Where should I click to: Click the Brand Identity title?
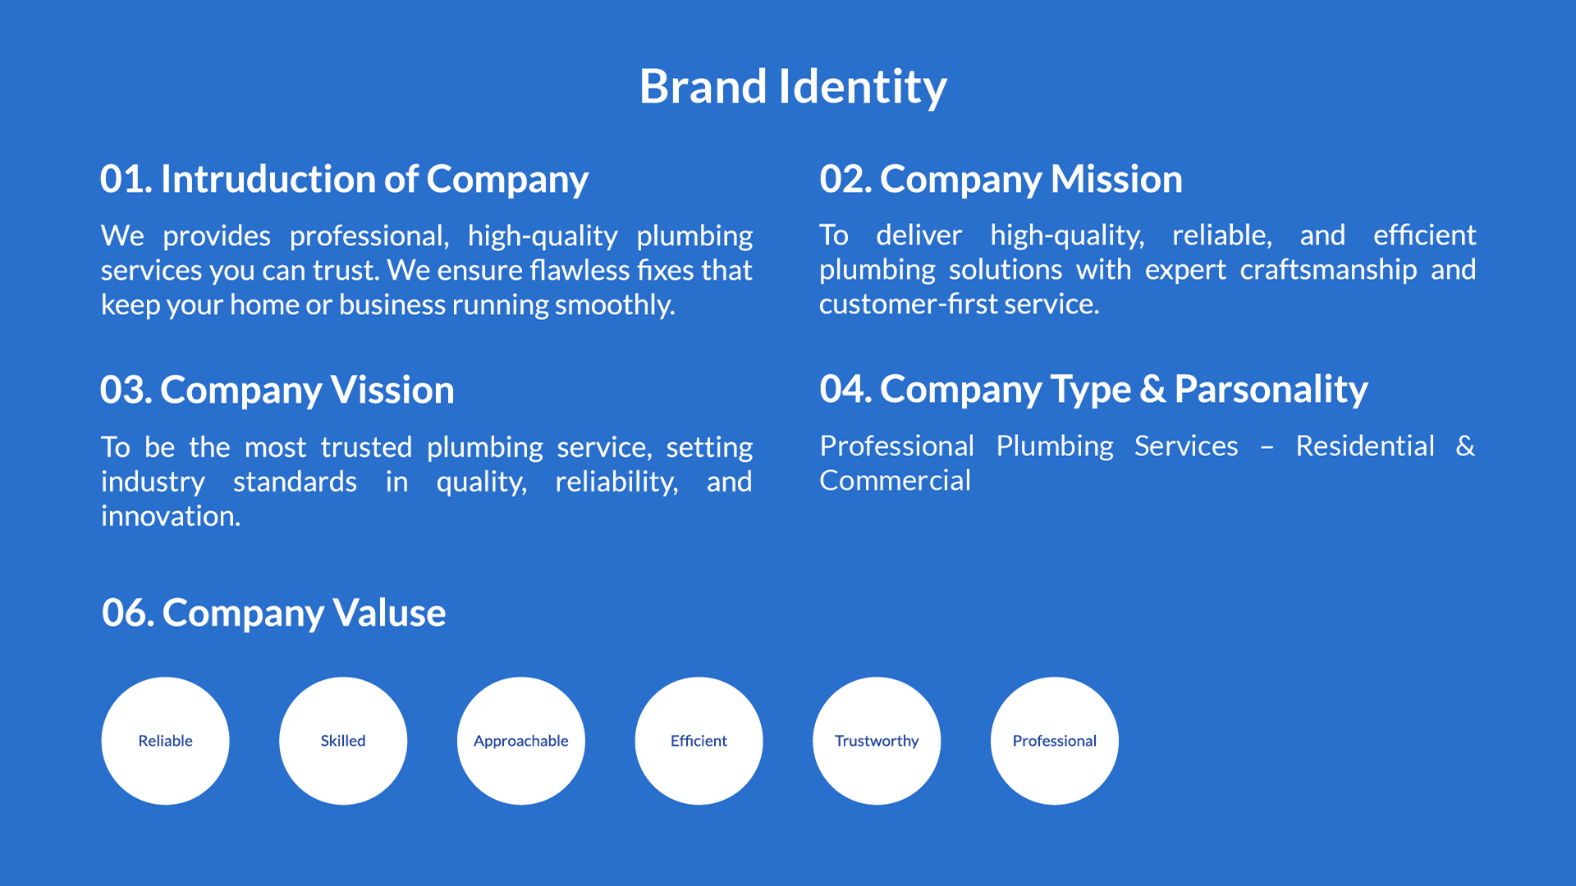pos(793,87)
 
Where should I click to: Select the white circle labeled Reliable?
pos(165,741)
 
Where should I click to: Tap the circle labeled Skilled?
pos(343,741)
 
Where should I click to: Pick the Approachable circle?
pos(521,741)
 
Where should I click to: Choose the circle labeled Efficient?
pos(699,741)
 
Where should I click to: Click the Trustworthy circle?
pos(877,741)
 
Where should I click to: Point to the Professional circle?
pos(1055,741)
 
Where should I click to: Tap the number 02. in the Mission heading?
pos(845,179)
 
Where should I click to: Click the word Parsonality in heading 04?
pos(1271,390)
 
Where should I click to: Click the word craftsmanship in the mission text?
pos(1328,270)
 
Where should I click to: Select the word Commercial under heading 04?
pos(895,481)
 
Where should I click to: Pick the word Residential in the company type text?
pos(1365,446)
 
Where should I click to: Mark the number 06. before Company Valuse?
pos(128,613)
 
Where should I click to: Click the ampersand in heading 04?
pos(1152,389)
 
